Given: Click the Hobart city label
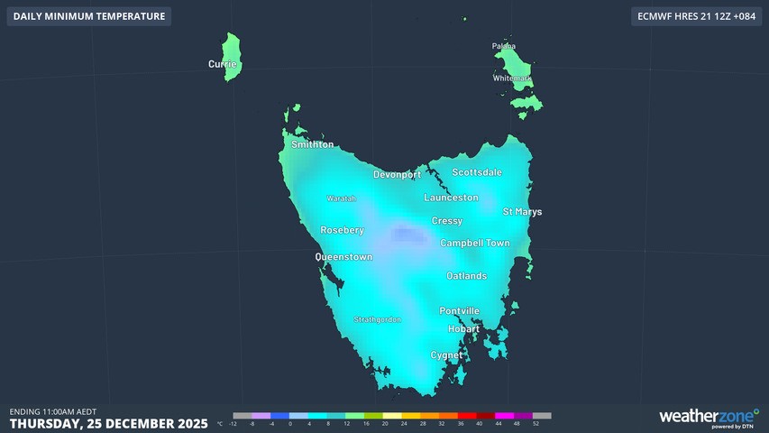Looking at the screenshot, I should click(x=463, y=329).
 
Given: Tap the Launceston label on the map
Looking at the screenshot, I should click(x=451, y=198).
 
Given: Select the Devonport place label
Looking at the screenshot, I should click(x=398, y=174).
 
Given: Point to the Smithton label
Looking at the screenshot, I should click(x=312, y=144).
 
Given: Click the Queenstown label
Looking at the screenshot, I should click(x=343, y=257).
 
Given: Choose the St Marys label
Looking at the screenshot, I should click(x=522, y=212).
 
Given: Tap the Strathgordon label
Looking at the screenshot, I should click(x=377, y=319).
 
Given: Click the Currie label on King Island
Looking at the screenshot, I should click(x=223, y=64).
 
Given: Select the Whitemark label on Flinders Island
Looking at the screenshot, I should click(x=512, y=78).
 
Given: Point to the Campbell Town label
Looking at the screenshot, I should click(x=474, y=244).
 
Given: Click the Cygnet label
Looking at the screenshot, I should click(x=446, y=355).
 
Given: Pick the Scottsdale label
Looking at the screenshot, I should click(x=477, y=172).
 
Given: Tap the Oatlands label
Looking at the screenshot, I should click(x=466, y=276).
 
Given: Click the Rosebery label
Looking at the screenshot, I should click(x=343, y=230).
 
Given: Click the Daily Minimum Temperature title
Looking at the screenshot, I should click(x=89, y=16).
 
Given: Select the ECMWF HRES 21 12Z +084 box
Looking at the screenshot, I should click(x=695, y=16).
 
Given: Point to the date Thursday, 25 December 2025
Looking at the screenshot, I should click(x=108, y=423).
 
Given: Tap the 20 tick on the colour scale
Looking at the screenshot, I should click(x=385, y=423).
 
